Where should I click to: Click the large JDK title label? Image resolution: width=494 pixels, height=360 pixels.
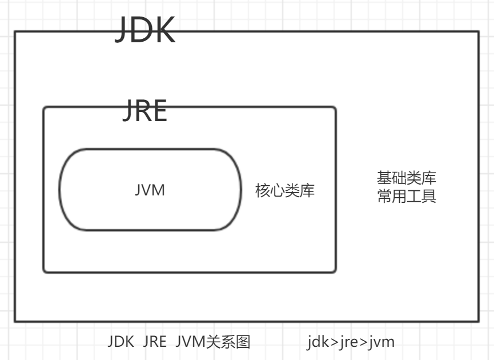(x=144, y=30)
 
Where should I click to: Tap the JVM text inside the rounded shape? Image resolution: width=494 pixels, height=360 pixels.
(x=150, y=190)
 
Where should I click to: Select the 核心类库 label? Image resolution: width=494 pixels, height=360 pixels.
(x=285, y=190)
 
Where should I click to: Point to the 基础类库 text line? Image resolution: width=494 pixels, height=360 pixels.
(x=407, y=178)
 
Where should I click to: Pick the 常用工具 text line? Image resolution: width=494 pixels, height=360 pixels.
(x=407, y=197)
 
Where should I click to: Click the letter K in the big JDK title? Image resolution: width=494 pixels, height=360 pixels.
(x=162, y=30)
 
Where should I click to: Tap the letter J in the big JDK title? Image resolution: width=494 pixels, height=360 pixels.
(x=121, y=30)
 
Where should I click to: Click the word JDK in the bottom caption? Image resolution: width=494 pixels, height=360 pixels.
(x=121, y=342)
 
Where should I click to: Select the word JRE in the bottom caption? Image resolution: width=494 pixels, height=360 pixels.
(x=155, y=342)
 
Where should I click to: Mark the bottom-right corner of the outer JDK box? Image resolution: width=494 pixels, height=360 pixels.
(x=479, y=321)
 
